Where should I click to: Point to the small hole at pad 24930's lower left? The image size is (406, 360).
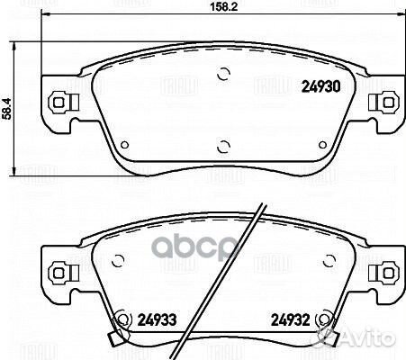[x=125, y=146]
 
